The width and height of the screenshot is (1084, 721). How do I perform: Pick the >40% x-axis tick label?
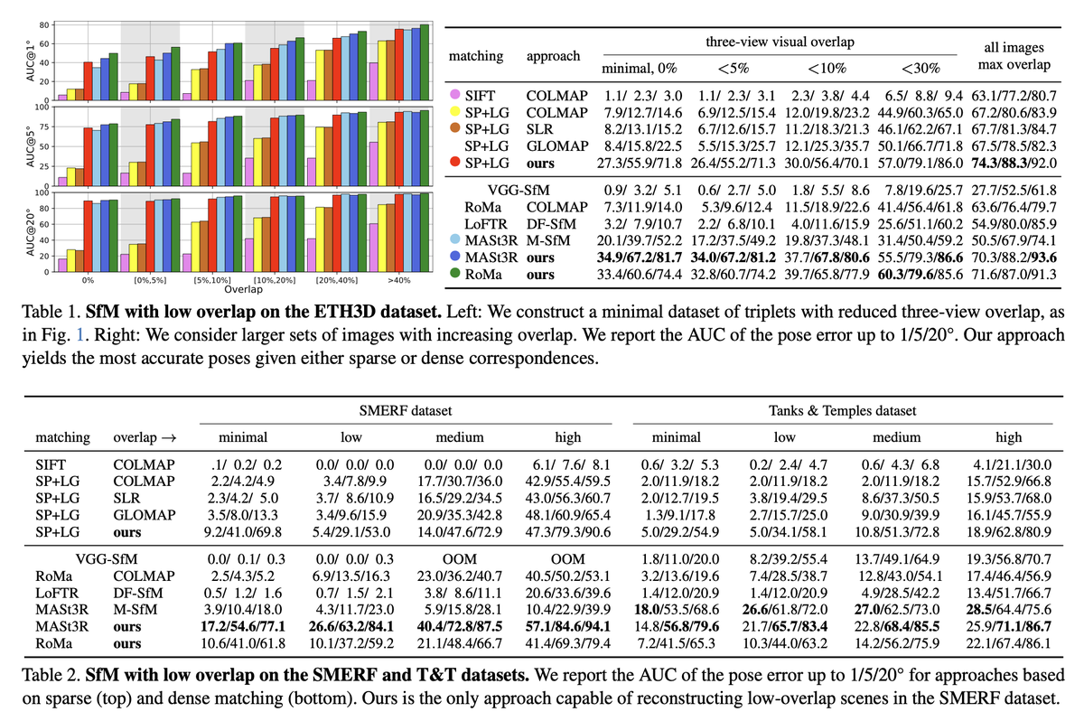pyautogui.click(x=400, y=281)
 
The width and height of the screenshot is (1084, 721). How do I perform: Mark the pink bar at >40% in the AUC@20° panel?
pyautogui.click(x=373, y=248)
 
